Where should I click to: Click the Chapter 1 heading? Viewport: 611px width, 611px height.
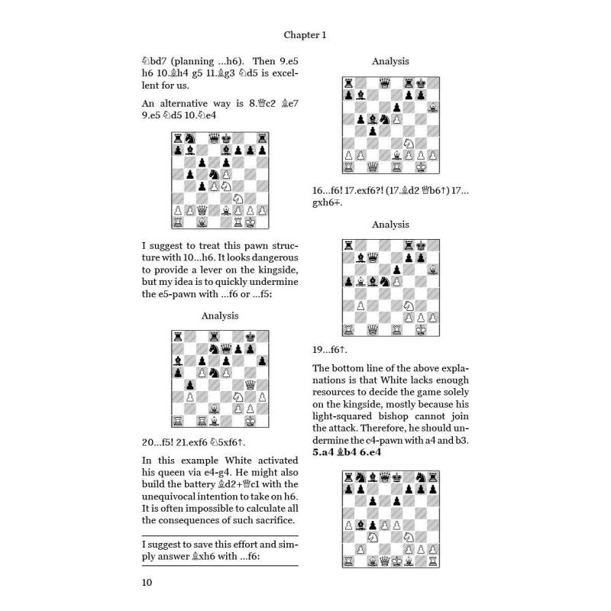tap(305, 34)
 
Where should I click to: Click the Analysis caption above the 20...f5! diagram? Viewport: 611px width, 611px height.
tap(220, 315)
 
